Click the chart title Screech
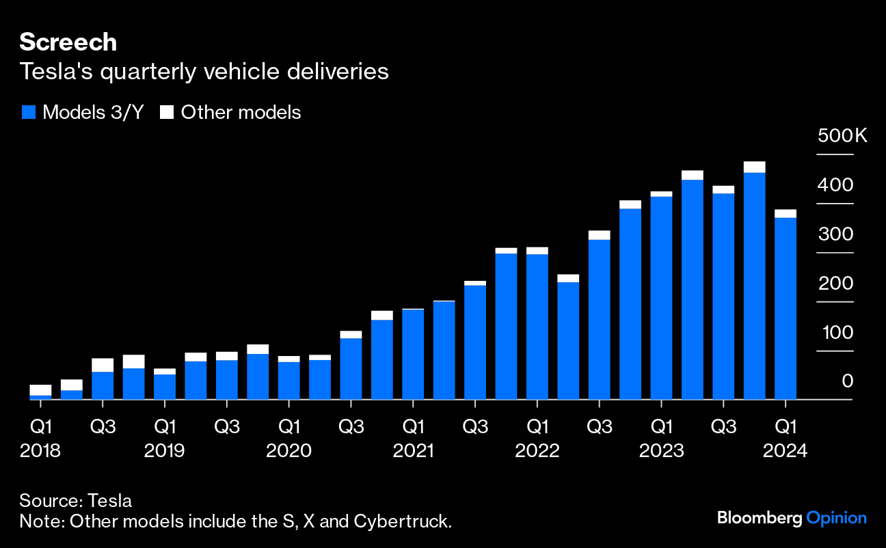pos(68,42)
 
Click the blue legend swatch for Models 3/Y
pos(28,113)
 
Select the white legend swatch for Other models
pos(166,113)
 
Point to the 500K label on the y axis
pos(842,136)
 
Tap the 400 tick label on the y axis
pos(838,185)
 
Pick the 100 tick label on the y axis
pos(838,333)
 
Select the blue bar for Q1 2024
pos(786,308)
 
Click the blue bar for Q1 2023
pos(661,298)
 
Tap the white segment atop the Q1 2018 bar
pos(41,389)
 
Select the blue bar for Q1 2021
pos(413,354)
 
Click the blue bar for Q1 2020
pos(288,380)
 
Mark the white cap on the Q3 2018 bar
pos(103,365)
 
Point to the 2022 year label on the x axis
pos(537,451)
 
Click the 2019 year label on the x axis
pos(165,451)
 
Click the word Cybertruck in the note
pos(402,521)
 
